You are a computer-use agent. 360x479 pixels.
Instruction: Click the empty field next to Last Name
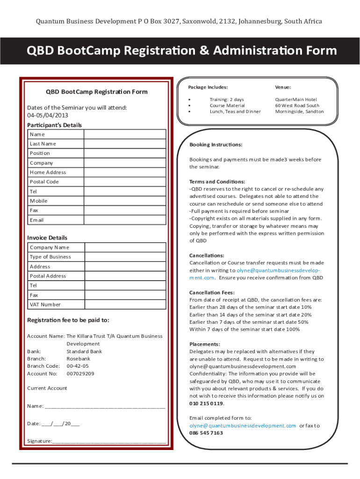point(125,144)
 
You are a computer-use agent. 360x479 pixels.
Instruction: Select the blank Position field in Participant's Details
point(125,153)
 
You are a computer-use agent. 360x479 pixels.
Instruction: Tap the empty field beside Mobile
point(125,201)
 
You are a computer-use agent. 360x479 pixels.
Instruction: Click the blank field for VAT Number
point(125,305)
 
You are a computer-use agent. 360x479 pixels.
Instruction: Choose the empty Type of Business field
point(125,257)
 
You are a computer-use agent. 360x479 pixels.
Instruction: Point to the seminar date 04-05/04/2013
point(48,115)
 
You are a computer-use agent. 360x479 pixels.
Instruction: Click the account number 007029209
point(80,374)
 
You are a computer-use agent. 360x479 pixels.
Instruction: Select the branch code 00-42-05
point(78,366)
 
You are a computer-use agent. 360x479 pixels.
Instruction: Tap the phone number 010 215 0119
point(206,403)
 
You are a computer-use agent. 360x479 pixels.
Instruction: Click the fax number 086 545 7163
point(206,433)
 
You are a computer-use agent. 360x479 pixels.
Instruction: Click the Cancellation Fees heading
point(212,292)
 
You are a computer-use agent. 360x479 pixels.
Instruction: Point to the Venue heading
point(283,87)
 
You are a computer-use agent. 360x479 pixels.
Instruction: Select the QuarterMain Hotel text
point(296,100)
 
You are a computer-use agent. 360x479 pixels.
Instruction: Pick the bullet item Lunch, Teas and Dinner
point(235,111)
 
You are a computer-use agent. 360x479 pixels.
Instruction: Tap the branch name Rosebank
point(79,359)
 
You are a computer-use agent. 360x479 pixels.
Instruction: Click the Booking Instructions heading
point(216,145)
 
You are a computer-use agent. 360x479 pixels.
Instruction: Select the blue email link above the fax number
point(243,426)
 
